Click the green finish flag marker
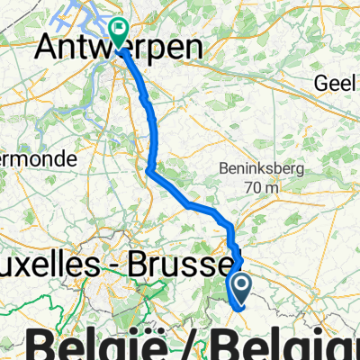[118, 31]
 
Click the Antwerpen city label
[125, 51]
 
